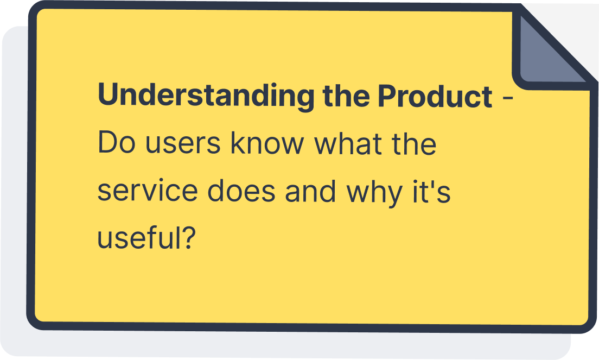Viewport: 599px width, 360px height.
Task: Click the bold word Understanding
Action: coord(206,96)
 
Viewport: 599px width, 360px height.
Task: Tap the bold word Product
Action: coord(435,96)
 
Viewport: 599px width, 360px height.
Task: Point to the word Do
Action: coord(117,143)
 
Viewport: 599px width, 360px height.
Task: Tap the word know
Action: coord(267,143)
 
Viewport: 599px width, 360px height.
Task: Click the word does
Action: coord(241,191)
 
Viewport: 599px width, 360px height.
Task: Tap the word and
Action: coord(310,191)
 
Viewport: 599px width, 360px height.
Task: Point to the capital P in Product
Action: coord(387,95)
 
